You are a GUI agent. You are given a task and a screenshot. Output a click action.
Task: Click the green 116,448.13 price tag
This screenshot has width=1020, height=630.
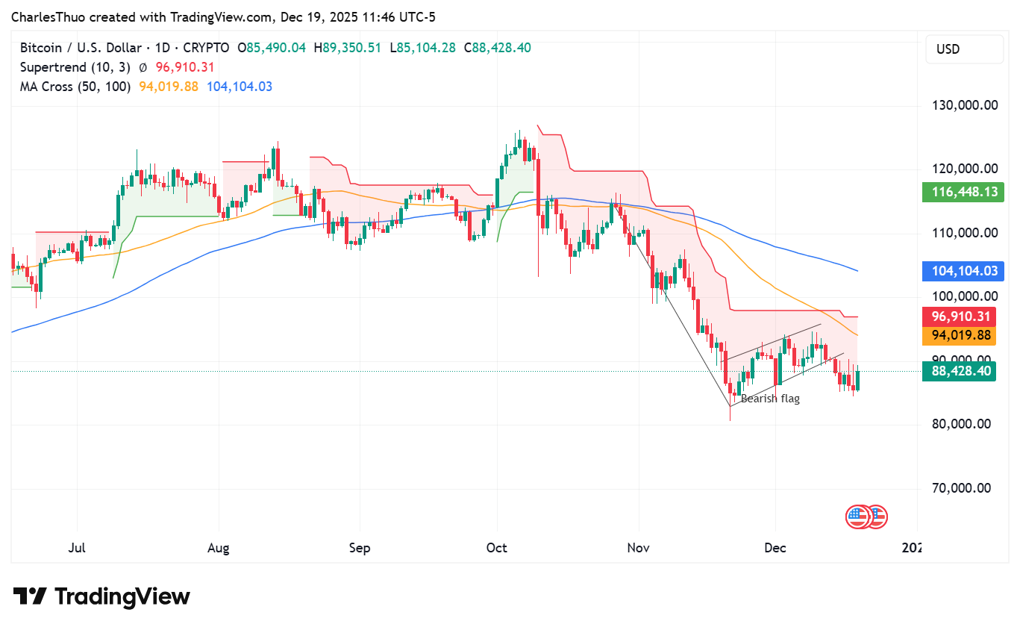(959, 193)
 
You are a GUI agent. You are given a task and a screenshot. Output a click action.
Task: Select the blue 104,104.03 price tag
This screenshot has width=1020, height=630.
(959, 272)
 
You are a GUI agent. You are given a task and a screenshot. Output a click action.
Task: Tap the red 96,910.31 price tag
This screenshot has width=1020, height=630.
(959, 316)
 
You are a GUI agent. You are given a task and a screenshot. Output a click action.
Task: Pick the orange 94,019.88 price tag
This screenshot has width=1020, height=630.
(959, 336)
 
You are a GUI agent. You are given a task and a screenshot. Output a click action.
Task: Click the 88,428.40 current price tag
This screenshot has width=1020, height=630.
(959, 371)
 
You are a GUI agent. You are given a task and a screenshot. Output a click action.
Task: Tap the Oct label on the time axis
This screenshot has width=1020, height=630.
(496, 548)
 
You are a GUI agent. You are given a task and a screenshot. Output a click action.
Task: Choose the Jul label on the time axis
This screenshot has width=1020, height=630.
(77, 548)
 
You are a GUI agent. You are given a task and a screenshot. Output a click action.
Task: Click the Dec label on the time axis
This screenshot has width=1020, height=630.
(775, 548)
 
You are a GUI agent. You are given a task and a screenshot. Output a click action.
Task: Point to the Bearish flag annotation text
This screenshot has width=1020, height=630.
(770, 399)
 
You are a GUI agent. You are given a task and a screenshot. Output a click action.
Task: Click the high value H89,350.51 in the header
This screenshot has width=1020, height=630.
(347, 48)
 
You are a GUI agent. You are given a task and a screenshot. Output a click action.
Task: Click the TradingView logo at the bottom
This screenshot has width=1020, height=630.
(102, 596)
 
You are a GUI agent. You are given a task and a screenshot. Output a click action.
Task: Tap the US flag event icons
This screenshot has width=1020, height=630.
(866, 516)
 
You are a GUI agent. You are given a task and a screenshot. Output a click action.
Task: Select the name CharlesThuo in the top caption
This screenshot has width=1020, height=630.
(45, 15)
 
